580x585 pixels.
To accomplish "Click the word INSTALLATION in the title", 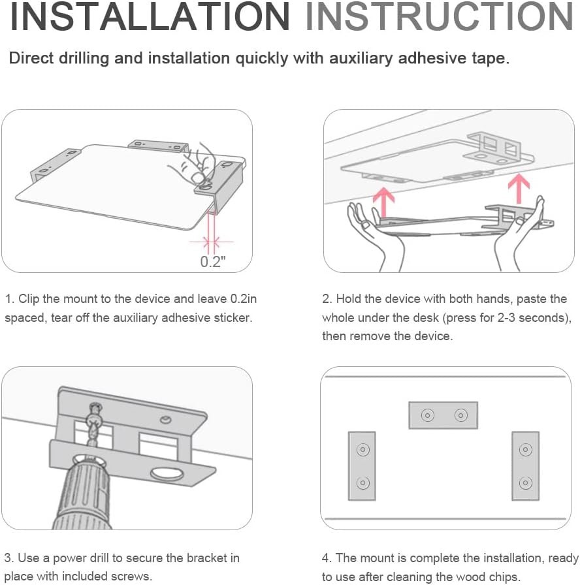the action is tap(150, 16).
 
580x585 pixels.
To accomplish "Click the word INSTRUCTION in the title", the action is tap(440, 16).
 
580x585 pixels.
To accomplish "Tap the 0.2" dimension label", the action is tap(213, 262).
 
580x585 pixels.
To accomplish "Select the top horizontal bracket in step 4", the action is tap(443, 415).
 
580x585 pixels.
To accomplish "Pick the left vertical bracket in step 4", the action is tap(362, 466).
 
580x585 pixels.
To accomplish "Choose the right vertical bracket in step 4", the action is tap(526, 466).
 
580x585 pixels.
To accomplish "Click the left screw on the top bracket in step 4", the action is tap(428, 415).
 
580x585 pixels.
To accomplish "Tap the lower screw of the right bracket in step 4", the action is tap(526, 482).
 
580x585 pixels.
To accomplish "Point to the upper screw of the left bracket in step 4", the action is tap(362, 450).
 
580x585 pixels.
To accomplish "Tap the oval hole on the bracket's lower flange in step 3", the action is tap(167, 474).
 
